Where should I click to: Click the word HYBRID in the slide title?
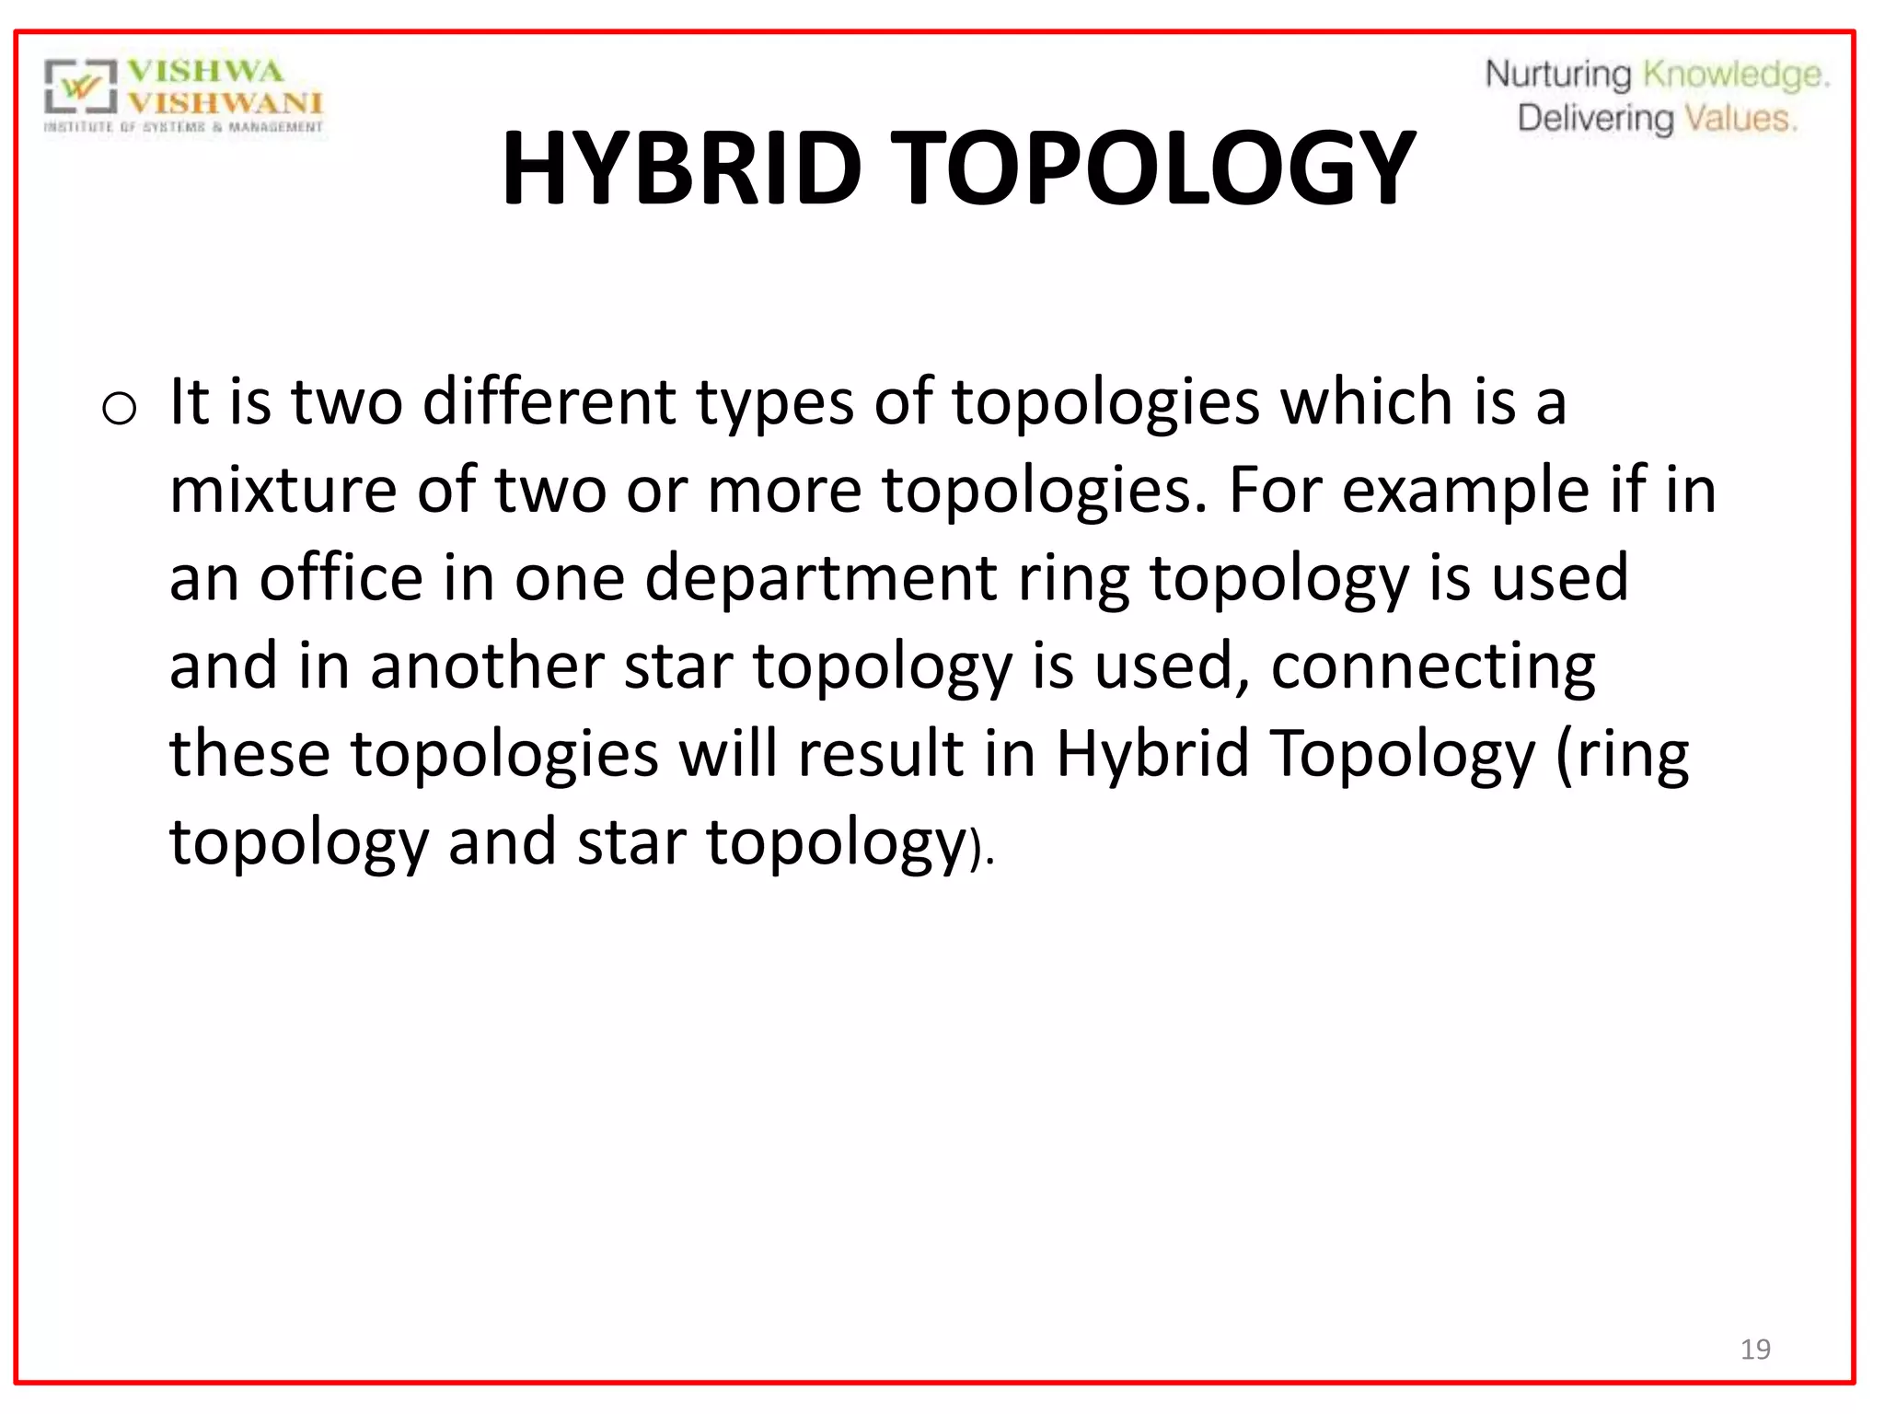(681, 168)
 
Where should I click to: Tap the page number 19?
(1755, 1350)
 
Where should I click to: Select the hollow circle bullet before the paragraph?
(120, 408)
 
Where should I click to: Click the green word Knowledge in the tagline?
(1735, 75)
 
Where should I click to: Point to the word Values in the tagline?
(1740, 119)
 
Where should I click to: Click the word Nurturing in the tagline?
(1557, 75)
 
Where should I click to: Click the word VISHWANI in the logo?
(226, 102)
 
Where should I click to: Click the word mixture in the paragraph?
(283, 490)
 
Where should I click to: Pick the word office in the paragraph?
(341, 578)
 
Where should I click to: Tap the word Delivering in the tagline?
(1595, 119)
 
